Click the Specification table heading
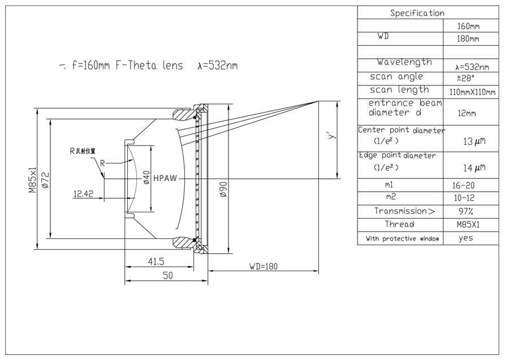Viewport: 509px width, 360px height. click(417, 13)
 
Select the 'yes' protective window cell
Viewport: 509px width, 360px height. click(465, 238)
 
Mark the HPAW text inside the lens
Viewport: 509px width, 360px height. click(165, 178)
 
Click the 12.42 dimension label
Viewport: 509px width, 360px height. click(83, 194)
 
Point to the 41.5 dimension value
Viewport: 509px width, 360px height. click(157, 262)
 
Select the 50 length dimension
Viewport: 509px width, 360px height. click(168, 276)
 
